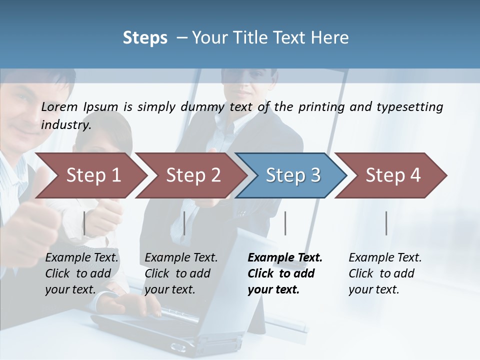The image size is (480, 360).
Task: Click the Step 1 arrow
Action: [93, 175]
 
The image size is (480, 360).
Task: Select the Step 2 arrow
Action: [193, 175]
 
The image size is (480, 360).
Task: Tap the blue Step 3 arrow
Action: [293, 175]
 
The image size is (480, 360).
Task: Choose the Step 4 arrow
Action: [393, 175]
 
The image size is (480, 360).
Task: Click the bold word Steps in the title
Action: [145, 38]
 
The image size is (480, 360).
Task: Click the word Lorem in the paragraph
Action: [59, 107]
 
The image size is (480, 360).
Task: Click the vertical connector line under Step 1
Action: [84, 223]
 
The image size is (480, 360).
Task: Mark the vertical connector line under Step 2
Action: [184, 223]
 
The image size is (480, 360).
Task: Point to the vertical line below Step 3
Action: [285, 223]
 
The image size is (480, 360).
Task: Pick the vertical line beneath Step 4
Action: [386, 223]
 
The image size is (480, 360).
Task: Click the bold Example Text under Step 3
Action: [285, 258]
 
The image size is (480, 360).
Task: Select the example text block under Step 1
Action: [81, 273]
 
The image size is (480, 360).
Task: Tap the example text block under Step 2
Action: [181, 273]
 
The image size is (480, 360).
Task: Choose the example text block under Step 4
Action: [385, 273]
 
